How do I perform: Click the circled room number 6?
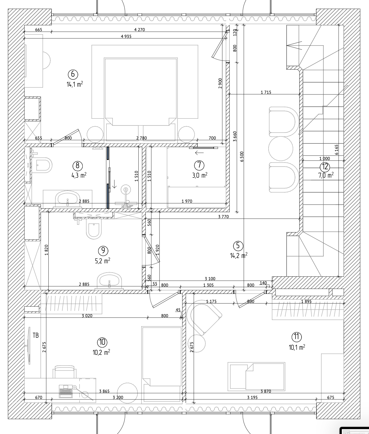tap(73, 74)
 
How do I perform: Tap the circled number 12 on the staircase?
tap(325, 167)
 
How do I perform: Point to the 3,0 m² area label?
tap(200, 175)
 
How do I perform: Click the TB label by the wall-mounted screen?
tap(36, 335)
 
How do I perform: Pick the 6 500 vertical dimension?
tap(242, 156)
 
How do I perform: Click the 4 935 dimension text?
tap(126, 36)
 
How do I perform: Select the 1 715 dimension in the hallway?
tap(266, 92)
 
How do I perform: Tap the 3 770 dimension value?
tap(223, 216)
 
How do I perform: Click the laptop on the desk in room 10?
tap(66, 391)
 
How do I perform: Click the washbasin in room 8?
tap(67, 198)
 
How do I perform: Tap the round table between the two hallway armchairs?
tap(281, 149)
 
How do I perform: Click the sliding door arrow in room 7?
tap(199, 153)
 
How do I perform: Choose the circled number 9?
tap(103, 250)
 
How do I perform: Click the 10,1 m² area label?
tap(297, 347)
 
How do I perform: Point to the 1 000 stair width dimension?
tap(325, 159)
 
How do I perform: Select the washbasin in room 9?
tap(109, 280)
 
